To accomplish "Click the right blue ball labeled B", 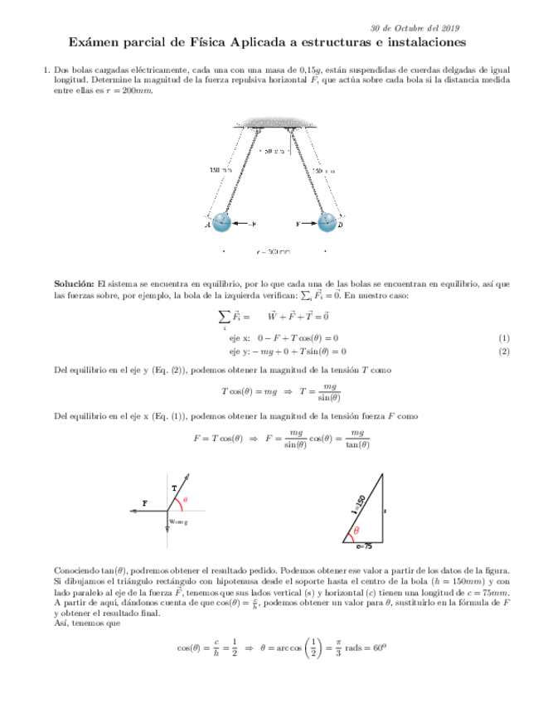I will pyautogui.click(x=327, y=223).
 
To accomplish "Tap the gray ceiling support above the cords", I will pyautogui.click(x=274, y=124).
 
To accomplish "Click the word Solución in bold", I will pyautogui.click(x=74, y=284).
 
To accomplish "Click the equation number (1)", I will pyautogui.click(x=502, y=338).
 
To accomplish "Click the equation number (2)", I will pyautogui.click(x=502, y=351).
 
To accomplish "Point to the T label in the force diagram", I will pyautogui.click(x=173, y=488).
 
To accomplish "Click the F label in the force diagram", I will pyautogui.click(x=145, y=503).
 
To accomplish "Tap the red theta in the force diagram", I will pyautogui.click(x=186, y=500).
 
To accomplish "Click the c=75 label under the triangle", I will pyautogui.click(x=363, y=547).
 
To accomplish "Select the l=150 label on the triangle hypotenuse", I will pyautogui.click(x=358, y=505).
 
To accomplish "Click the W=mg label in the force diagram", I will pyautogui.click(x=178, y=521).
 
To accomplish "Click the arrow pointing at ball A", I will pyautogui.click(x=243, y=224).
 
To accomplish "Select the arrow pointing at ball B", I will pyautogui.click(x=306, y=224).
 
